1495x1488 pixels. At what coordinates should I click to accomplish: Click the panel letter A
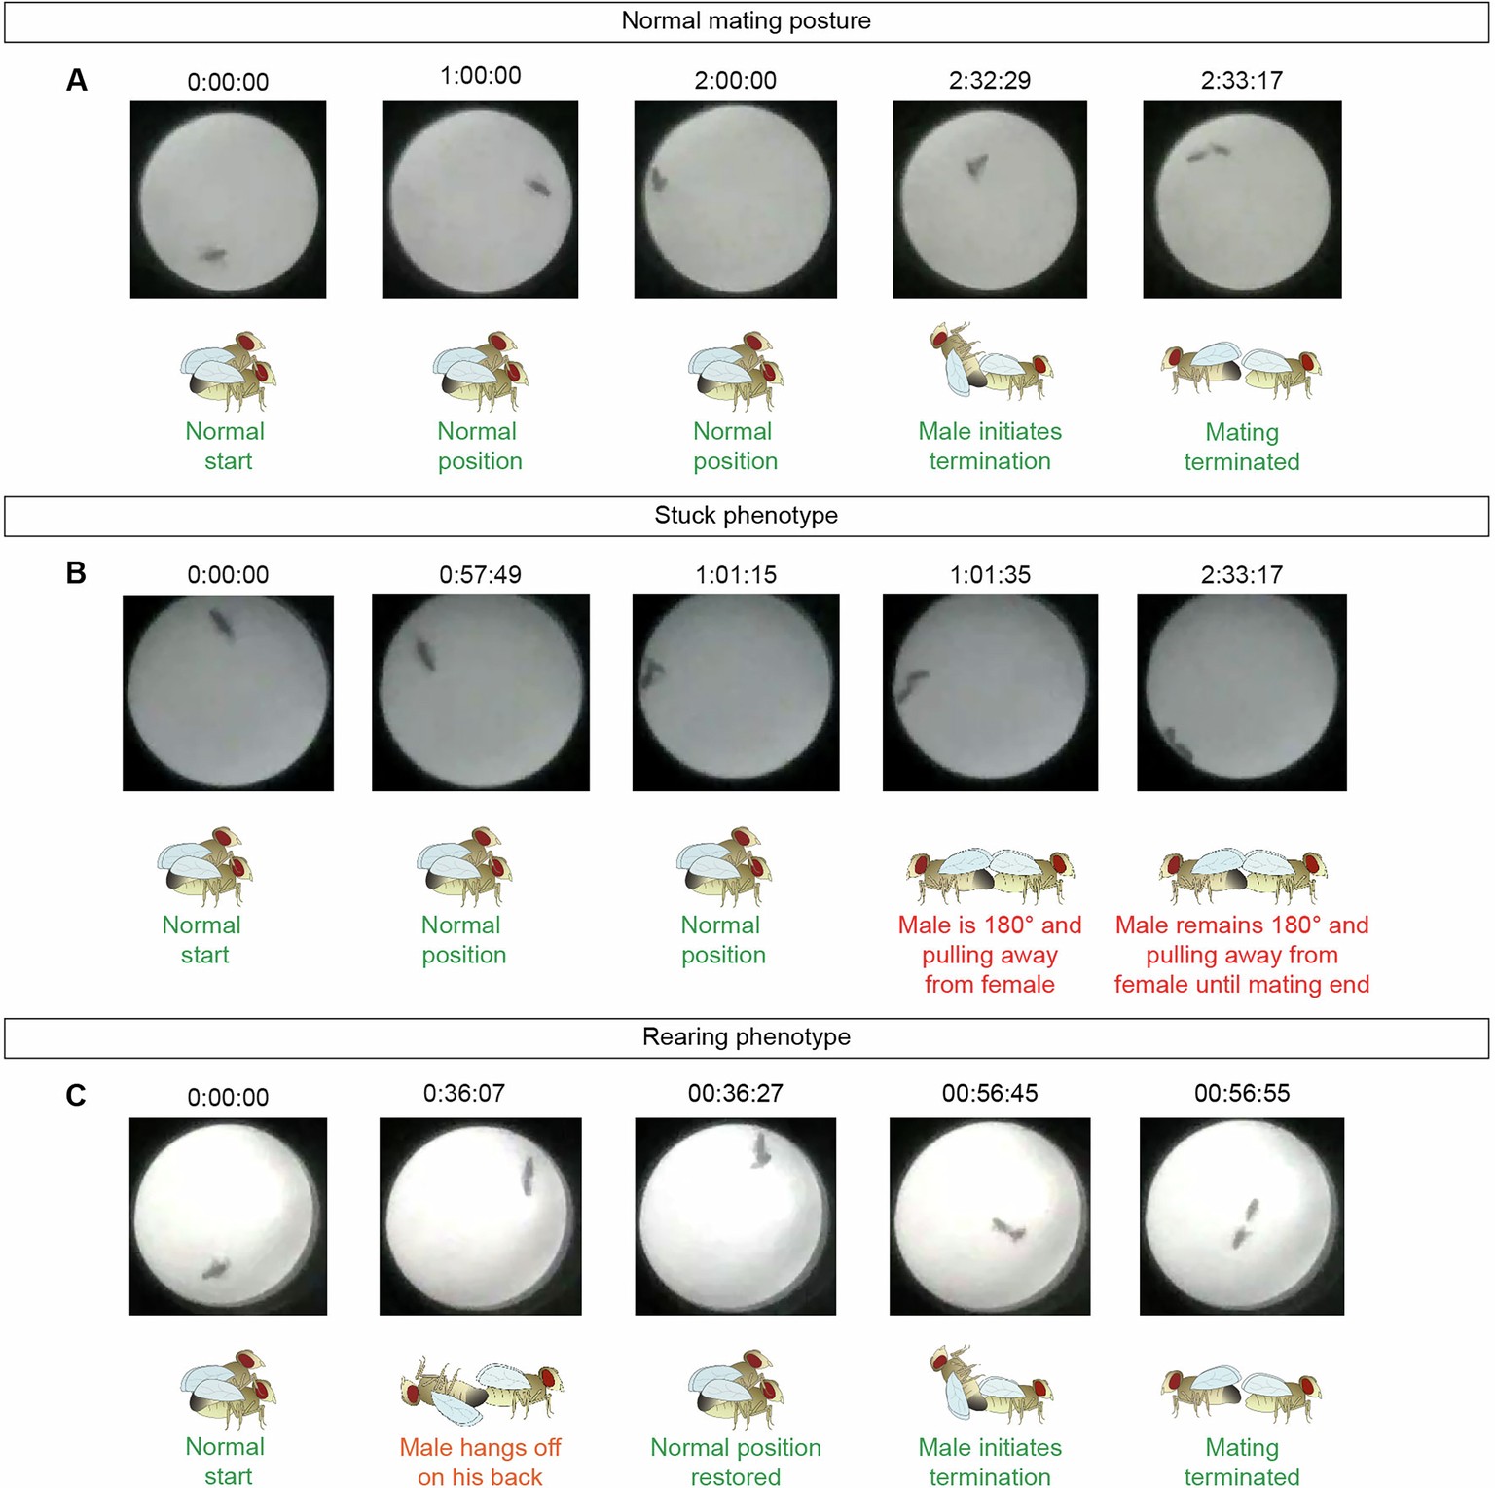76,80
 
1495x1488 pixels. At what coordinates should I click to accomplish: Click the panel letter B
76,573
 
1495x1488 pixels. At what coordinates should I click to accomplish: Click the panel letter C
76,1096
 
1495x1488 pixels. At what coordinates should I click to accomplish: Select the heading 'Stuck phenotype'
746,515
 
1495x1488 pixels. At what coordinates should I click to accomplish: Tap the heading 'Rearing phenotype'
746,1036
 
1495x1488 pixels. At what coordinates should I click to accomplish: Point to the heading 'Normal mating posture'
746,20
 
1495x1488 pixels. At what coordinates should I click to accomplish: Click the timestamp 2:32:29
989,80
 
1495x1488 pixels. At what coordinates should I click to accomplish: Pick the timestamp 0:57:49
480,574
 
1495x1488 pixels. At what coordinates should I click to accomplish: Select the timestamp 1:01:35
990,574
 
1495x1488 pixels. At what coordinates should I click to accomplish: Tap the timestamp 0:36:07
463,1093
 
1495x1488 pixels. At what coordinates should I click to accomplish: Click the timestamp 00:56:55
1242,1093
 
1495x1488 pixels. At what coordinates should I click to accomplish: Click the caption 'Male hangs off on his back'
480,1462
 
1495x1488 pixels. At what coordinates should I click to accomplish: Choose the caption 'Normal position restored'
736,1462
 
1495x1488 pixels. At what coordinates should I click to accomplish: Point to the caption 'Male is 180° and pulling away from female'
990,954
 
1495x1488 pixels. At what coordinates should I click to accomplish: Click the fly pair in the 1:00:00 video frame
538,186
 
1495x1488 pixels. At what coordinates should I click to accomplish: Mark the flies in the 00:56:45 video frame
1008,1229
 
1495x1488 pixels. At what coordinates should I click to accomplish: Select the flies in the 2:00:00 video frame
658,180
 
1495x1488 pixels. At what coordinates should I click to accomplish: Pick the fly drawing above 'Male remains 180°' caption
1242,874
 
